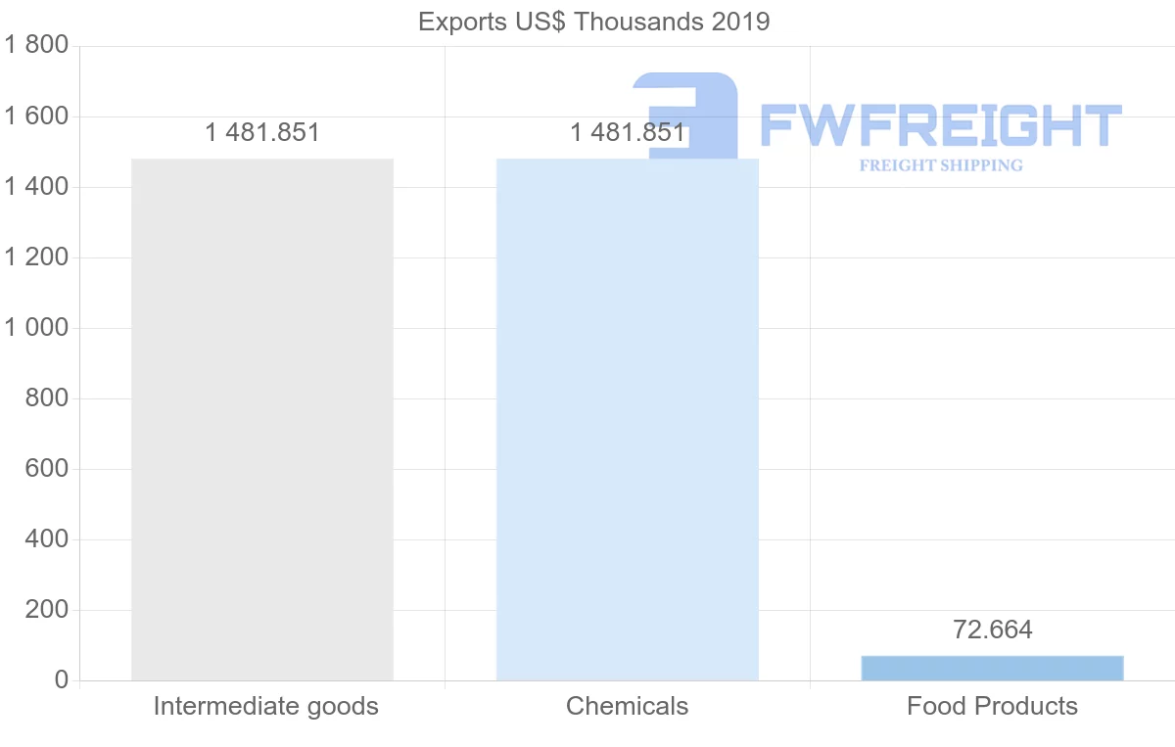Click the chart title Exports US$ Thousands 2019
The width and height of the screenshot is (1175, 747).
[593, 22]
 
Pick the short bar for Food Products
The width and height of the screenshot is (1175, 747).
[992, 668]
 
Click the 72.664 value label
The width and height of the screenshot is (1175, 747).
[992, 630]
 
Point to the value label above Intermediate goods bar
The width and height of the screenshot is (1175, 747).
[262, 132]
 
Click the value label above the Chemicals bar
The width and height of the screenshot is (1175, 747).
[628, 132]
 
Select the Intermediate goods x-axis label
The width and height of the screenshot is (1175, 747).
[265, 706]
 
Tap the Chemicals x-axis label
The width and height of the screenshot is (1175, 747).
[628, 706]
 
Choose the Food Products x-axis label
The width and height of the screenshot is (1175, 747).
[992, 706]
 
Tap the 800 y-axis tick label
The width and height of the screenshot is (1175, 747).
[46, 398]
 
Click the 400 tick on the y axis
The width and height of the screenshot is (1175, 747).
[46, 539]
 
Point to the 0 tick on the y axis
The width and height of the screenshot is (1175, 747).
[62, 680]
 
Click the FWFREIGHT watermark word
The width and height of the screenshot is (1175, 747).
[940, 125]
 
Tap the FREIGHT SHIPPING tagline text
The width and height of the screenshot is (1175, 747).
[940, 165]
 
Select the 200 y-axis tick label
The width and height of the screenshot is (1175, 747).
[46, 610]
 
